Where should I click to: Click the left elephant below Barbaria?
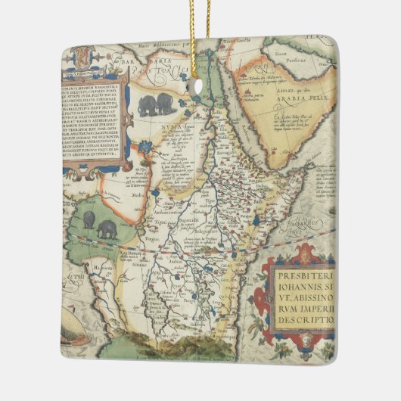point(147,106)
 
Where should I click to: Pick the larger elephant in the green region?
point(107,231)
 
